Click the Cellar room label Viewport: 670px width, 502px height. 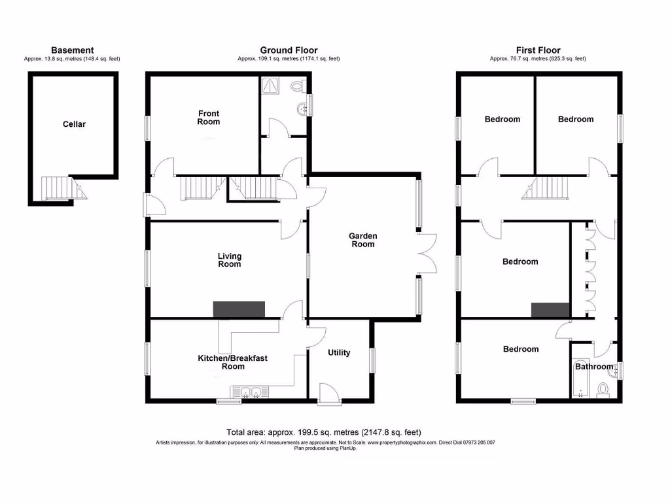[x=74, y=124]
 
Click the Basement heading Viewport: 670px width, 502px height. [x=72, y=50]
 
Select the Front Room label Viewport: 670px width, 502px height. [x=209, y=118]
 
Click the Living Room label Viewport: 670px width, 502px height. [x=229, y=259]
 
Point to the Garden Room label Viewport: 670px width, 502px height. [x=362, y=240]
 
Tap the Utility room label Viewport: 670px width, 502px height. [x=338, y=353]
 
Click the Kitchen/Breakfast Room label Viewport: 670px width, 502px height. [x=232, y=362]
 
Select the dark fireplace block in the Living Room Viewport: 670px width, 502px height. [x=239, y=309]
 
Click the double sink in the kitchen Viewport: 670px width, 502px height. [x=248, y=392]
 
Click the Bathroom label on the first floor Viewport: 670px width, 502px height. [x=593, y=367]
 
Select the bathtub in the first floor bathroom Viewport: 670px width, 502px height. [x=580, y=379]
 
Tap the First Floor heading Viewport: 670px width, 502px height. [x=538, y=50]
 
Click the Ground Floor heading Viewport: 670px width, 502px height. [x=289, y=50]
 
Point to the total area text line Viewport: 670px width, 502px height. [x=323, y=432]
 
